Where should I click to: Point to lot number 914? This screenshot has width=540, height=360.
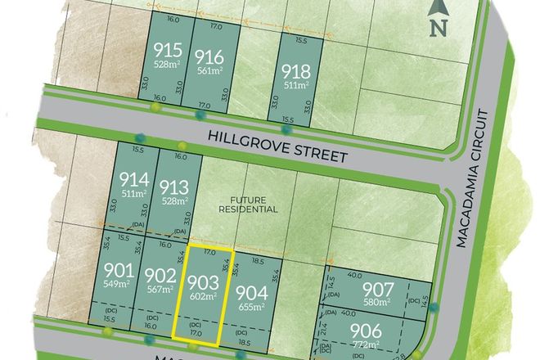133,179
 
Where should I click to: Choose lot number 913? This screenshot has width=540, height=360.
173,184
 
